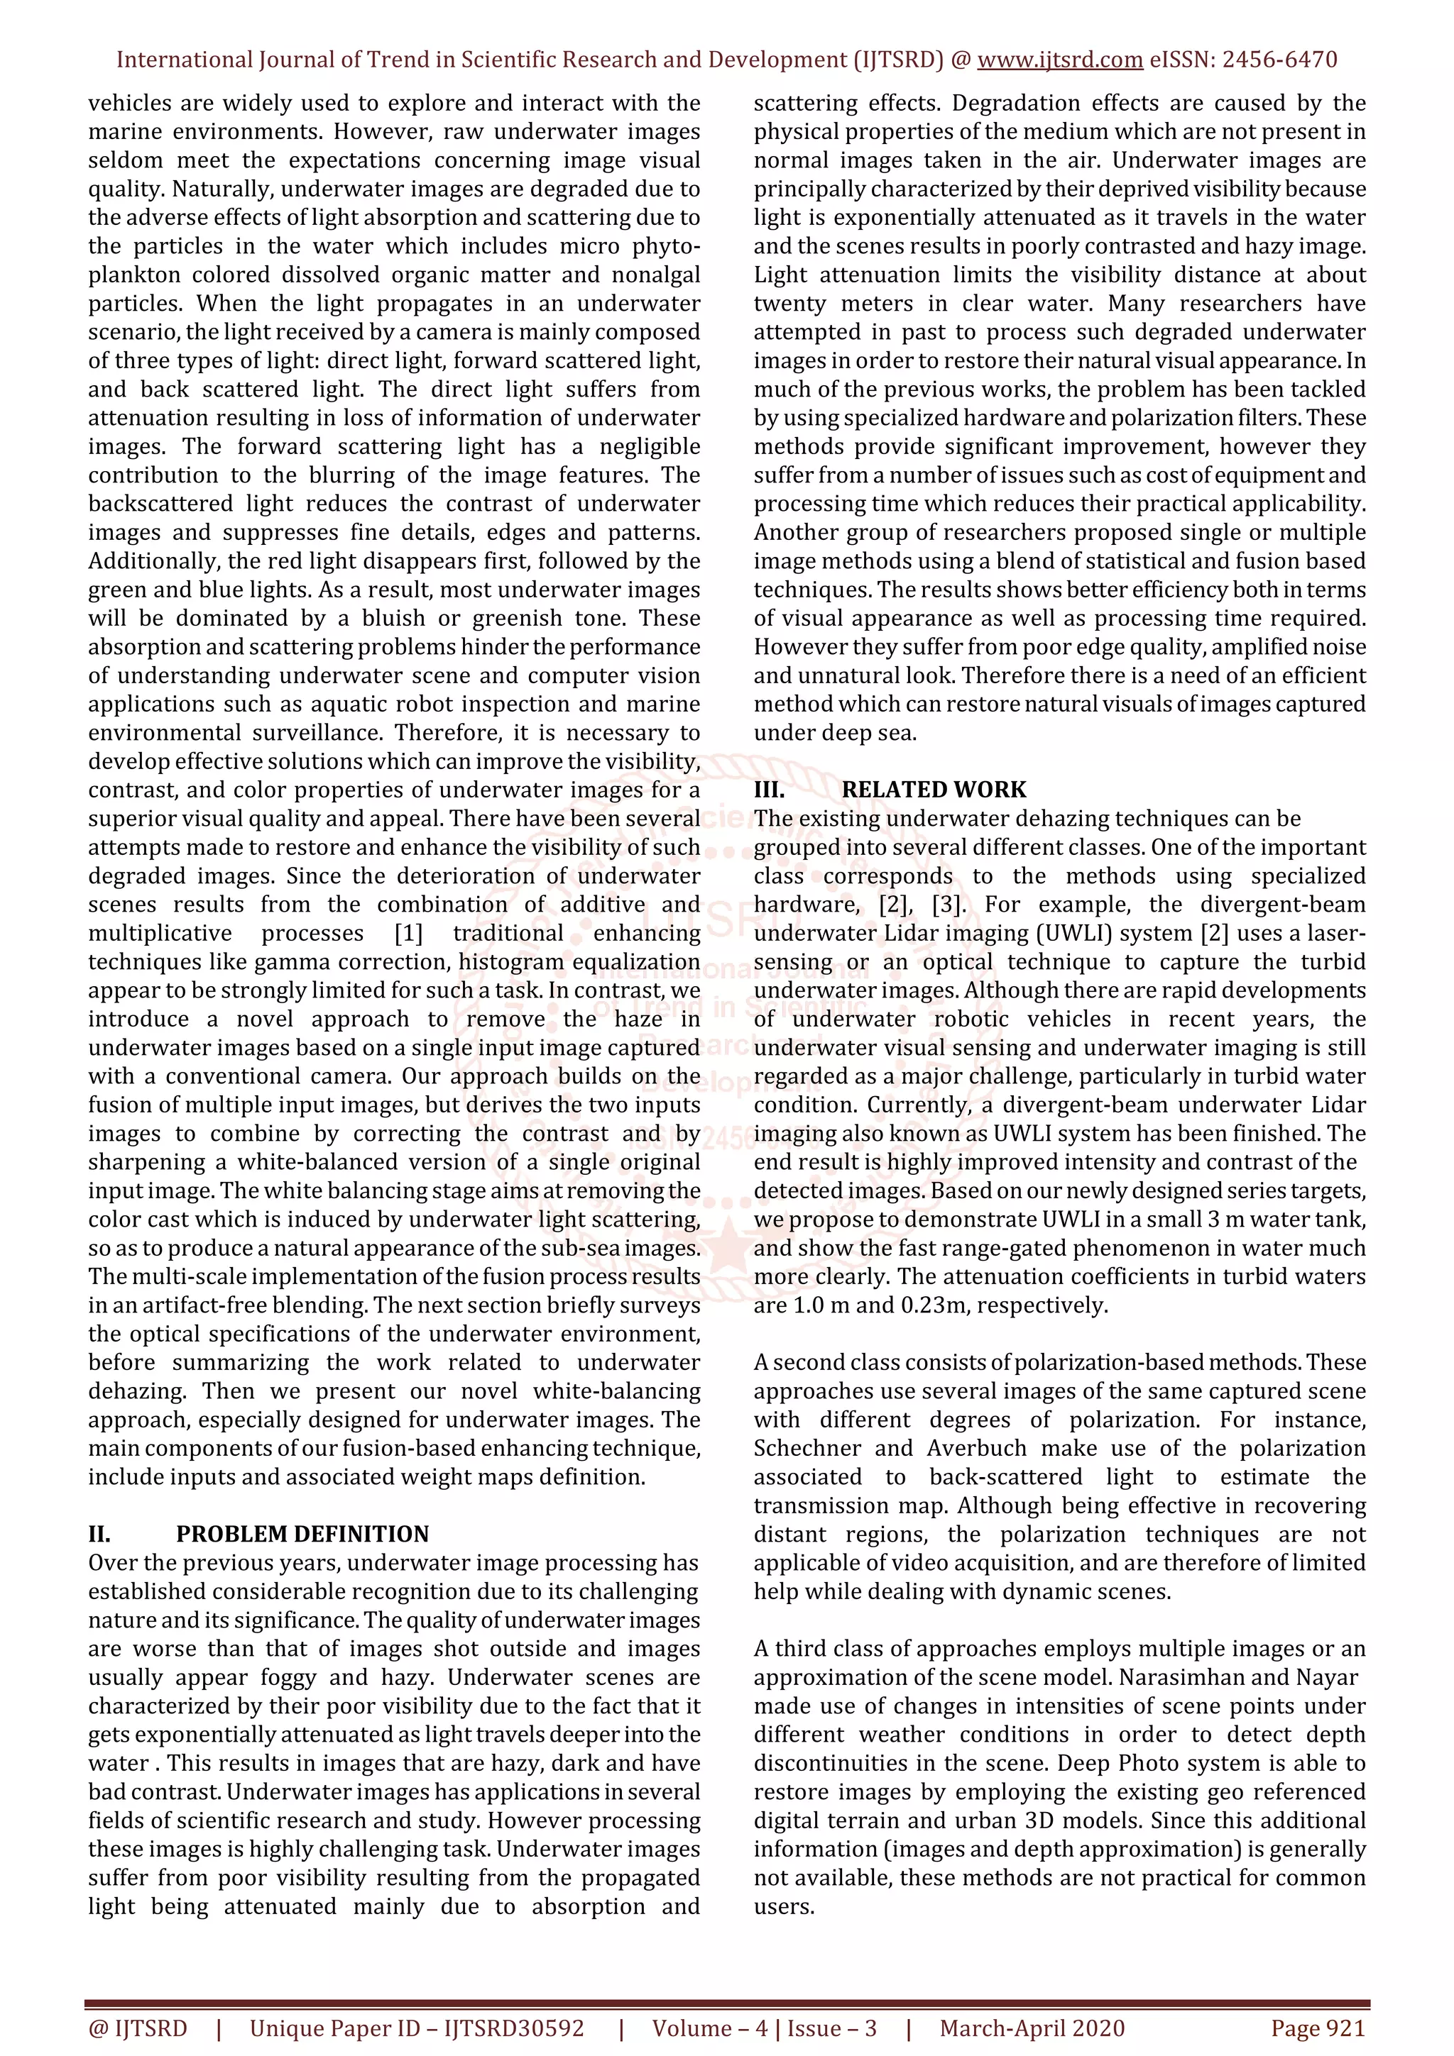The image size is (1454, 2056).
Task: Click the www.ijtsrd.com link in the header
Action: click(1059, 60)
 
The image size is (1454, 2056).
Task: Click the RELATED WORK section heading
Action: click(934, 789)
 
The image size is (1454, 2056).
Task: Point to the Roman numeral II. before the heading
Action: click(99, 1534)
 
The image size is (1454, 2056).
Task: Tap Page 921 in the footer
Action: click(1317, 2028)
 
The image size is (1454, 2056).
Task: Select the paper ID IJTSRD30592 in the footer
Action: click(513, 2028)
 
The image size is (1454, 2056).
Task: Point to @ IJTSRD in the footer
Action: click(138, 2028)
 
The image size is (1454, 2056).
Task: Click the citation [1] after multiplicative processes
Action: click(408, 933)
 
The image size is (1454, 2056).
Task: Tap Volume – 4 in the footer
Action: click(709, 2028)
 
